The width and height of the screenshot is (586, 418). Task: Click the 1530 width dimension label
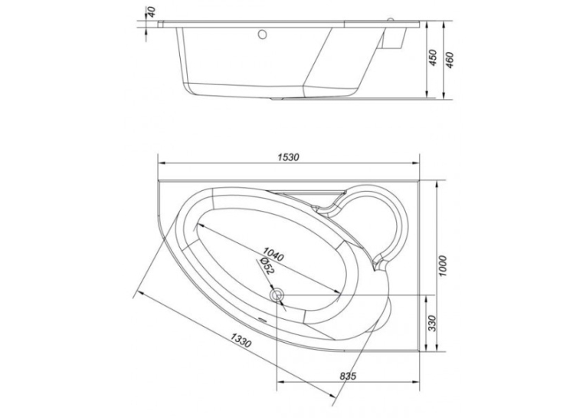click(x=289, y=157)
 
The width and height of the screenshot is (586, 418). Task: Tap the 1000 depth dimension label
click(x=443, y=266)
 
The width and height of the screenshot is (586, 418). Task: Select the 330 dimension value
click(x=432, y=323)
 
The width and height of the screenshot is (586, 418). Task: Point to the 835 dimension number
click(x=348, y=376)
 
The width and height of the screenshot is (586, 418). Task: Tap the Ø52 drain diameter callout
click(x=266, y=266)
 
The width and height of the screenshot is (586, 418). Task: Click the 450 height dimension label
click(x=432, y=58)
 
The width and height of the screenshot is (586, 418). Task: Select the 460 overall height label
click(x=450, y=60)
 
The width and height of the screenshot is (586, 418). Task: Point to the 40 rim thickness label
click(x=152, y=12)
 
